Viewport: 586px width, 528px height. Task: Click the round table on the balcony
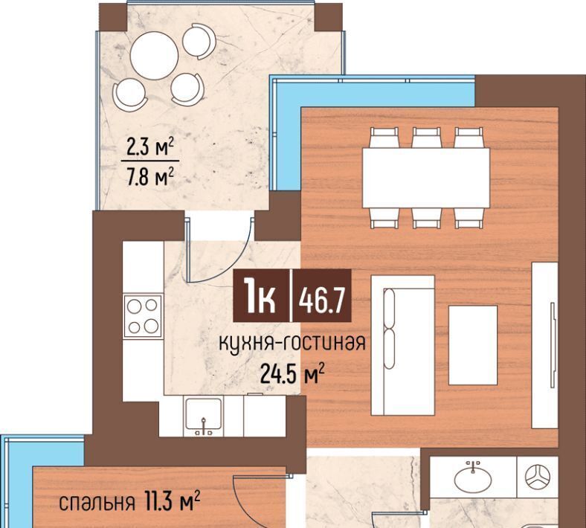click(154, 55)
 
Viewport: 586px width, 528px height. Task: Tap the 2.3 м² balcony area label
click(150, 147)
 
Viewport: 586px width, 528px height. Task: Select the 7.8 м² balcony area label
click(150, 176)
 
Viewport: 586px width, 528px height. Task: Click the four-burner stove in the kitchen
click(143, 317)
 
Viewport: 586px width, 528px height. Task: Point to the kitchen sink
click(204, 414)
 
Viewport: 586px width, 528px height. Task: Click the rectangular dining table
click(426, 178)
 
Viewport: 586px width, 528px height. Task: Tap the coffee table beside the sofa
click(473, 345)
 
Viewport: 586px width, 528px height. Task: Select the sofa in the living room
click(402, 345)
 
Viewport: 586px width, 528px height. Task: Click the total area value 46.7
click(321, 300)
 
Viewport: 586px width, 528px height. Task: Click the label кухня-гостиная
click(292, 344)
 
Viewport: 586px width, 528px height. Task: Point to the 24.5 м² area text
click(292, 373)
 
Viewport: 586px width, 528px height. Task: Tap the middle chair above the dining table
click(426, 138)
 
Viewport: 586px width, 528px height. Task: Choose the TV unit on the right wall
click(544, 345)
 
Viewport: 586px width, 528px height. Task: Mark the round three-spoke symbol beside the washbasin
click(538, 477)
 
